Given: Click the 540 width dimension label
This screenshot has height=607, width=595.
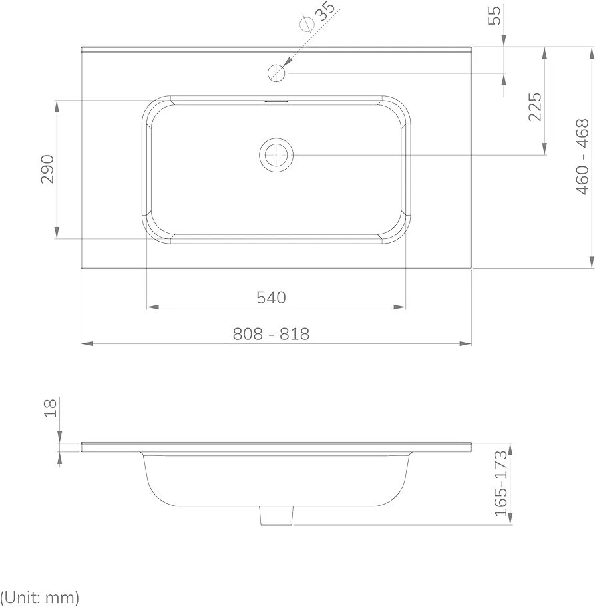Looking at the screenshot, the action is (271, 298).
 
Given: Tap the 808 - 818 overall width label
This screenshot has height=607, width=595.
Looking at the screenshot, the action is (271, 333).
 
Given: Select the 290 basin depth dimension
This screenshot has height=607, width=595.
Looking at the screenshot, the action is (48, 169).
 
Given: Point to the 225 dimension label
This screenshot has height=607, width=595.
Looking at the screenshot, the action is (536, 106).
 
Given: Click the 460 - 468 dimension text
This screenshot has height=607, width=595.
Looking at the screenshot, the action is (582, 156).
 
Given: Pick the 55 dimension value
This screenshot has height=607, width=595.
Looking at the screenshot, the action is (495, 15).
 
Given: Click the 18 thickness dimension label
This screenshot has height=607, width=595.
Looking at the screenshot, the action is (51, 407).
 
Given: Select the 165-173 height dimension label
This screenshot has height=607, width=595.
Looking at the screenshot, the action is (501, 483).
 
